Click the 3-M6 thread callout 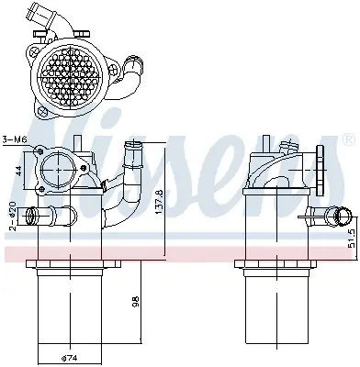(x=15, y=139)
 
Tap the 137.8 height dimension (x=160, y=202)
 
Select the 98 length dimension (x=136, y=301)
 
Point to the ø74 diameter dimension (x=69, y=357)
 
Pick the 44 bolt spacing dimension (x=18, y=171)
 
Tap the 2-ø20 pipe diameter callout (x=13, y=216)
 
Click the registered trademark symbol (x=348, y=139)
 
